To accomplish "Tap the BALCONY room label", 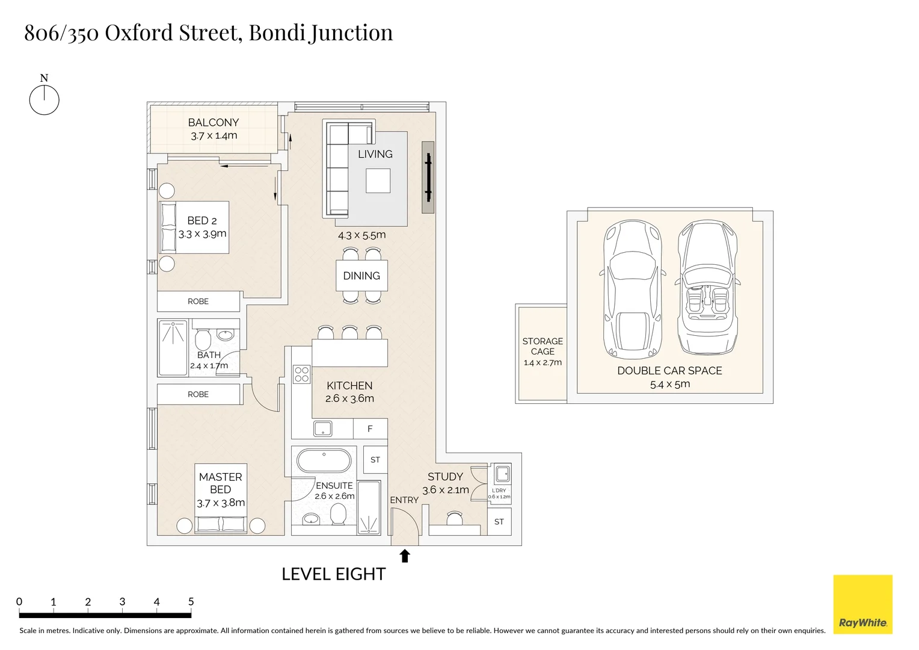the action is click(x=214, y=122).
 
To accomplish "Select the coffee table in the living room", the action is click(x=378, y=181).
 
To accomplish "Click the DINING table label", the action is click(x=361, y=276).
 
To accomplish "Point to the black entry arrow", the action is click(x=405, y=556).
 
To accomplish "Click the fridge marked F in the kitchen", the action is click(x=370, y=429).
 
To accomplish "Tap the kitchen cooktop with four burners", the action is click(x=301, y=374).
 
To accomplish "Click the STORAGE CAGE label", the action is click(x=542, y=346).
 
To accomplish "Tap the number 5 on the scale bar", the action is click(x=191, y=601).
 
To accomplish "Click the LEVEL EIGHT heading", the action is click(x=333, y=574).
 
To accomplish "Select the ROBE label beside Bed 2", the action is click(x=198, y=302).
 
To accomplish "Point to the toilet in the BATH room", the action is click(x=203, y=339).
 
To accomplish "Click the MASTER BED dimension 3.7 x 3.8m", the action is click(x=221, y=503).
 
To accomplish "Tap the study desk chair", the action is click(x=455, y=517).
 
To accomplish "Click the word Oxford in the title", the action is click(x=138, y=32).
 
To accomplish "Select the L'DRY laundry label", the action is click(x=499, y=491).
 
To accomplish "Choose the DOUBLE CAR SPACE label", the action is click(x=669, y=371).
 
